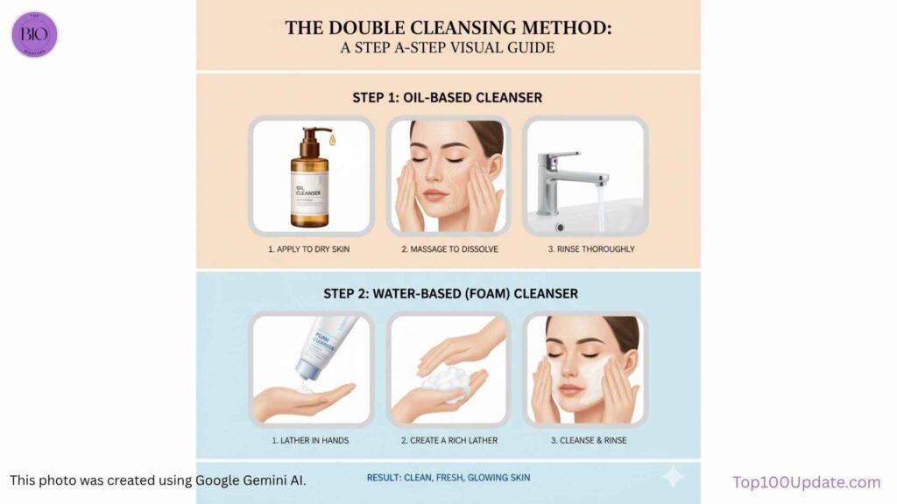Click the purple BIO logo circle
[34, 34]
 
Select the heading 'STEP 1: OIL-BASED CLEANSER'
[447, 97]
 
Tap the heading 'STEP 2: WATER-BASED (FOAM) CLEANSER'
[447, 293]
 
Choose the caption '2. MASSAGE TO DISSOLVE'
[449, 249]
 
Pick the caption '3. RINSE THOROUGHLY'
[585, 249]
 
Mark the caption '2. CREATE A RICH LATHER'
[449, 440]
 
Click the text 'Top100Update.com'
[806, 482]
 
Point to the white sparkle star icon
[673, 476]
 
